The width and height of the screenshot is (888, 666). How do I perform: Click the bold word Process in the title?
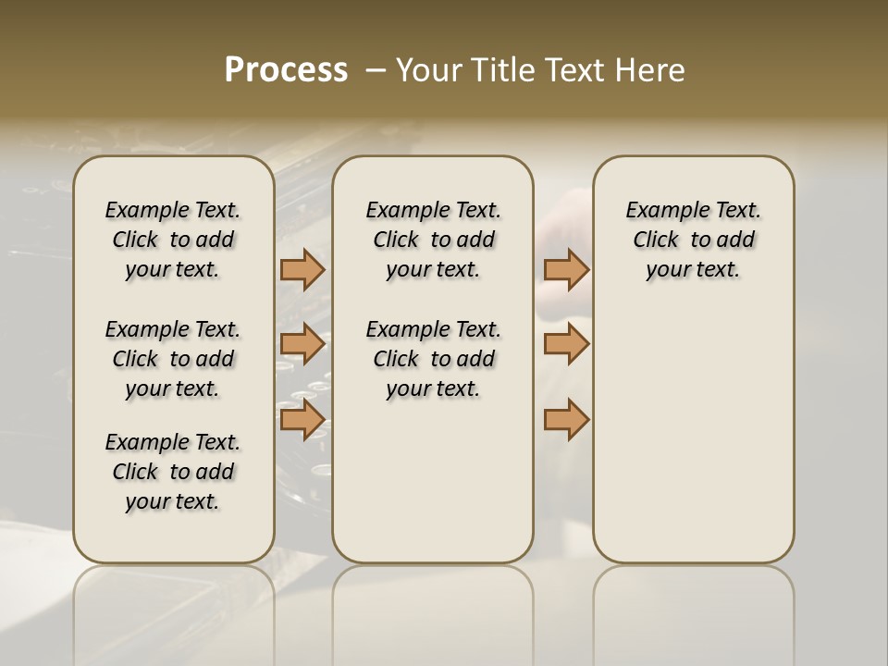point(286,69)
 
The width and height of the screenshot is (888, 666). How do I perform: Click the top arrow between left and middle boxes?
point(302,270)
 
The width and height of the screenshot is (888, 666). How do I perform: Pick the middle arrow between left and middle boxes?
point(302,344)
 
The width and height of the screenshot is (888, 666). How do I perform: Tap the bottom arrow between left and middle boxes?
point(302,419)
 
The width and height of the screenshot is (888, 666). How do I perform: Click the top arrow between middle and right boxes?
point(566,270)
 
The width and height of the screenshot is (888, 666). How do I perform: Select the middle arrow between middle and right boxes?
point(566,344)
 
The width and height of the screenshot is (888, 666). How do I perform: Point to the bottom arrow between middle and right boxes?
point(566,419)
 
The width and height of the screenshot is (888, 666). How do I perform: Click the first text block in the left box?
point(173,240)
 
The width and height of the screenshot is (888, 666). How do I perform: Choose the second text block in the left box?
point(173,359)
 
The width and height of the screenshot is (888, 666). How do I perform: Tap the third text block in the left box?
point(173,472)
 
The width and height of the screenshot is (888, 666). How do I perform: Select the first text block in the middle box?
point(433,240)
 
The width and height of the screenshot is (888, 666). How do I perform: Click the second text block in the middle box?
point(433,359)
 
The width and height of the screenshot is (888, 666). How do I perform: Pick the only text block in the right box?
point(693,240)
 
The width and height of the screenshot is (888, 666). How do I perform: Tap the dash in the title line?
point(376,70)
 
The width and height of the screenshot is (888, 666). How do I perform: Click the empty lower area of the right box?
point(693,444)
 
